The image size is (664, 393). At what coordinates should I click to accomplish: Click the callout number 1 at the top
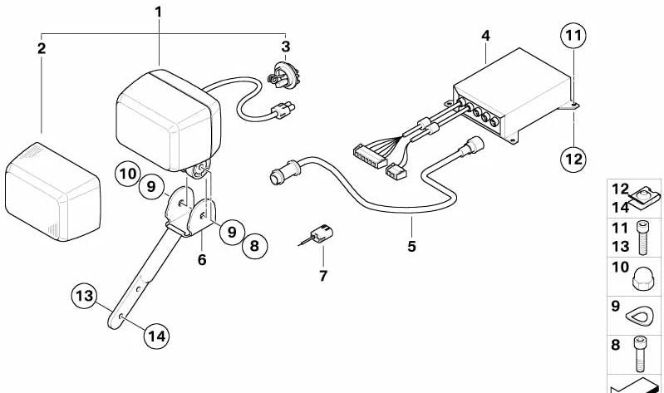tap(159, 12)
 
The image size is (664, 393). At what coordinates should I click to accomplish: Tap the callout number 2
tap(41, 48)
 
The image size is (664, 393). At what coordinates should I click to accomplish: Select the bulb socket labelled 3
tap(283, 74)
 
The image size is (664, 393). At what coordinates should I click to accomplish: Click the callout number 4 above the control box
tap(485, 36)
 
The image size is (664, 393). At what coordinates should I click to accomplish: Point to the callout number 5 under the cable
tap(411, 246)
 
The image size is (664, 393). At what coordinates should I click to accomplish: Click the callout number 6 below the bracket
tap(202, 259)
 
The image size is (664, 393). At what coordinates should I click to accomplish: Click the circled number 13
tap(84, 296)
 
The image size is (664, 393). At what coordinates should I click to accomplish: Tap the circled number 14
tap(157, 337)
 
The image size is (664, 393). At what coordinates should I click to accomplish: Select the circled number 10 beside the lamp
tap(128, 174)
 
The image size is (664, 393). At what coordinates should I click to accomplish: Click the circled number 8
tap(254, 246)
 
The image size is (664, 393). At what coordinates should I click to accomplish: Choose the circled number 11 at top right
tap(573, 35)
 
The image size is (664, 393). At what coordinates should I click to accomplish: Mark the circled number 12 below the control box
tap(573, 160)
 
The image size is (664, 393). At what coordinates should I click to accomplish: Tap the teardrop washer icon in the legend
tap(639, 315)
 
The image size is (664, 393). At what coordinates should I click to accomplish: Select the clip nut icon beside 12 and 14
tap(645, 199)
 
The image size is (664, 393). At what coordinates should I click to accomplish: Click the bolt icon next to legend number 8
tap(639, 354)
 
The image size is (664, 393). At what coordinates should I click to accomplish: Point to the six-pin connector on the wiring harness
tap(369, 156)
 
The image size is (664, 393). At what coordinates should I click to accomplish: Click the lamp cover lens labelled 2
tap(53, 192)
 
